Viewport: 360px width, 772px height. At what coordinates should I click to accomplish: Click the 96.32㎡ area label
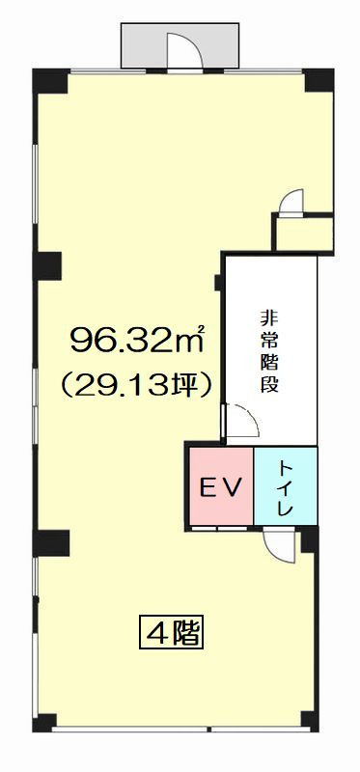coord(136,341)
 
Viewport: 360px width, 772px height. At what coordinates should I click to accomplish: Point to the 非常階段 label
coord(269,351)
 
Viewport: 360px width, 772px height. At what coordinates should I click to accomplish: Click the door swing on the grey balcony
coord(184,49)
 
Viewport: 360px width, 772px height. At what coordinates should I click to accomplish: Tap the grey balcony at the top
coord(180,45)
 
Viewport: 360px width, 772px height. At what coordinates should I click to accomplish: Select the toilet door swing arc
coord(278,545)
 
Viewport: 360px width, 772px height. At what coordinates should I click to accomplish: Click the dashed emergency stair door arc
coord(241,419)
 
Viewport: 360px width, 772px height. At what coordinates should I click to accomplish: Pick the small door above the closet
coord(291,202)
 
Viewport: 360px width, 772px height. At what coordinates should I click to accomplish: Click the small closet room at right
coord(303,233)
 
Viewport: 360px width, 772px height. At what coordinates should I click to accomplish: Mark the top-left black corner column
coord(51,81)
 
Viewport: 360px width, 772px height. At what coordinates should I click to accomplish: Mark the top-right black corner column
coord(319,81)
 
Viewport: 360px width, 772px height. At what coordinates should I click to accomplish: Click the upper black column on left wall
coord(47,266)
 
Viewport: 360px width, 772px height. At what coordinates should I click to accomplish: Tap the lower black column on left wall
coord(51,543)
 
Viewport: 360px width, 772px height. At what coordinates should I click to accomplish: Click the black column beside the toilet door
coord(309,539)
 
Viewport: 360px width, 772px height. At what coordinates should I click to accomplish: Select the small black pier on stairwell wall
coord(218,283)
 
